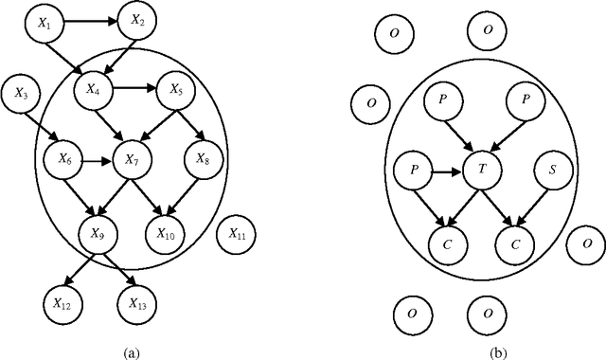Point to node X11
(x=236, y=231)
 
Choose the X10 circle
(x=166, y=231)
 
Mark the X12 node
(x=62, y=304)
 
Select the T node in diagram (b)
(x=484, y=171)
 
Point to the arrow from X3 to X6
(x=44, y=125)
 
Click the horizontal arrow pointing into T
(x=450, y=172)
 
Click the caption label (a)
(x=132, y=351)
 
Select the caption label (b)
(x=497, y=351)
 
